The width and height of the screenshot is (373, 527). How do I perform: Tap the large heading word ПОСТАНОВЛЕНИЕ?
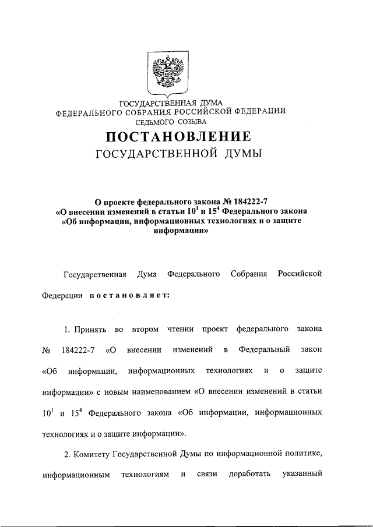point(178,137)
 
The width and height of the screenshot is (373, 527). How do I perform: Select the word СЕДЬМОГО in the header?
point(156,122)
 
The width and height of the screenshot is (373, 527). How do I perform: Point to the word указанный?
point(301,474)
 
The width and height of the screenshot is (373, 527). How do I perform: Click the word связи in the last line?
point(207,474)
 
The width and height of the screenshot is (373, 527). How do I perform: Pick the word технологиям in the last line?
point(145,474)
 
